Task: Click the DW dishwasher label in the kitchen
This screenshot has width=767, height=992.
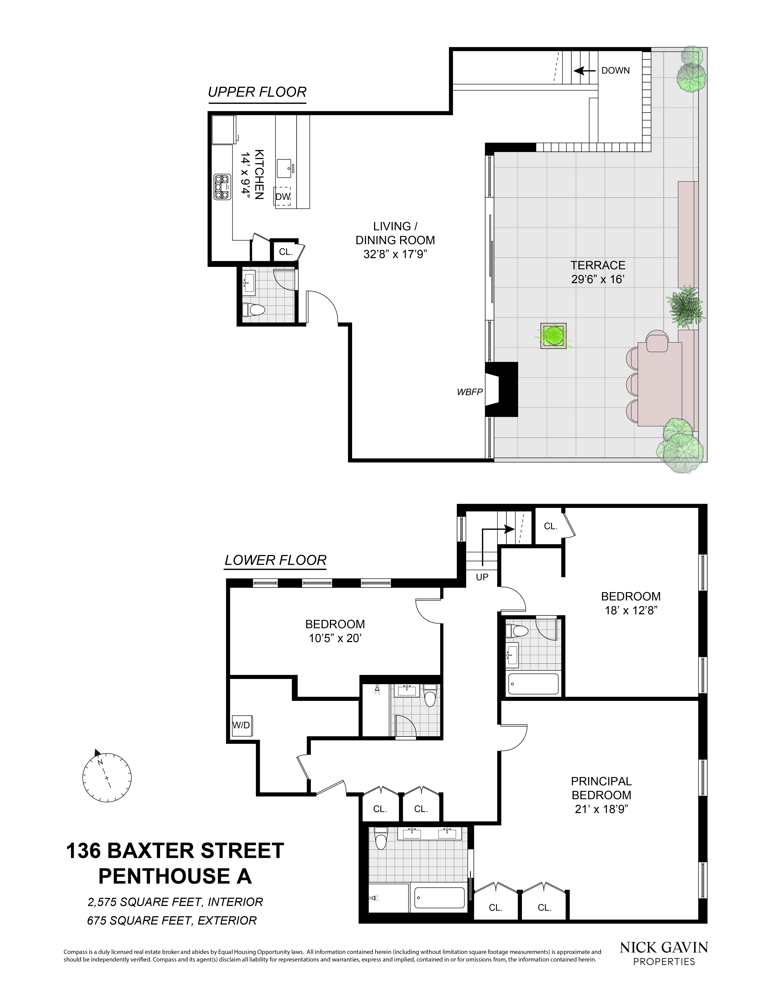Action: point(283,197)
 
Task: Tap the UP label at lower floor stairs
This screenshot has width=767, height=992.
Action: point(482,577)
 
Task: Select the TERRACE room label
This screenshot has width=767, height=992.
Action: point(598,265)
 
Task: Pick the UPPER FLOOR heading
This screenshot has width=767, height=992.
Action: point(257,92)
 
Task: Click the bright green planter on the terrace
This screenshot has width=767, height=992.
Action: point(554,336)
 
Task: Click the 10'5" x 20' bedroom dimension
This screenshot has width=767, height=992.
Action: point(335,638)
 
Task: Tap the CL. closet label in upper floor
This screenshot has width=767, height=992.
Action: point(285,252)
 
